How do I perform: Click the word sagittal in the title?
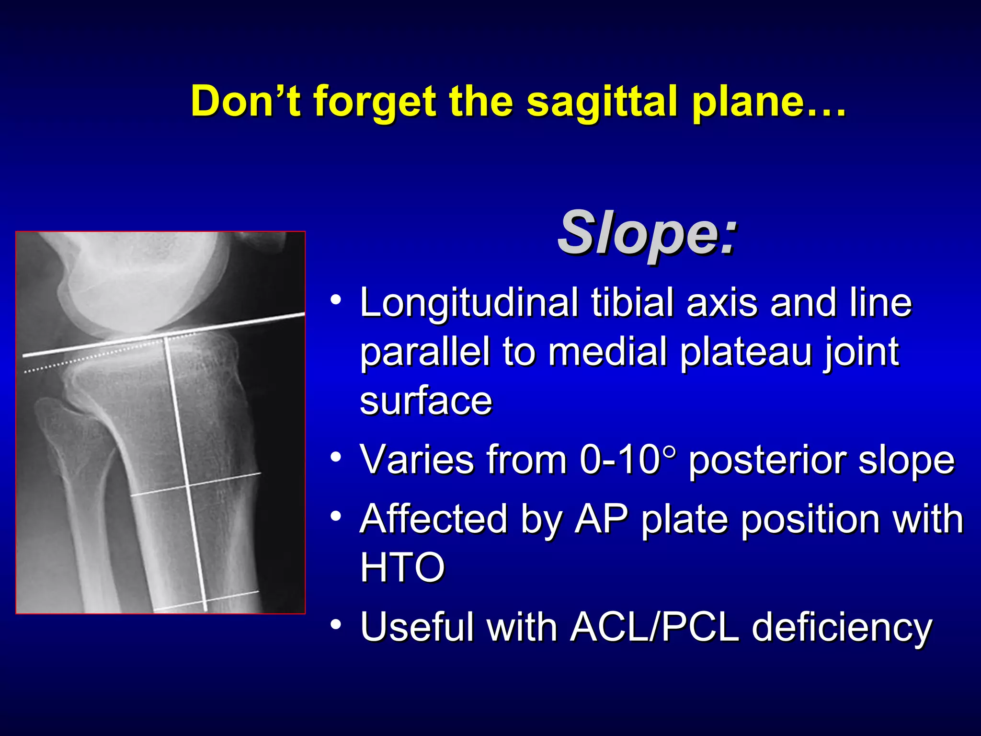603,102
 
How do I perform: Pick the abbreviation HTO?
402,567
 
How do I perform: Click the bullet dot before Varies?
336,456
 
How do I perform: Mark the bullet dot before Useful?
336,624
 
